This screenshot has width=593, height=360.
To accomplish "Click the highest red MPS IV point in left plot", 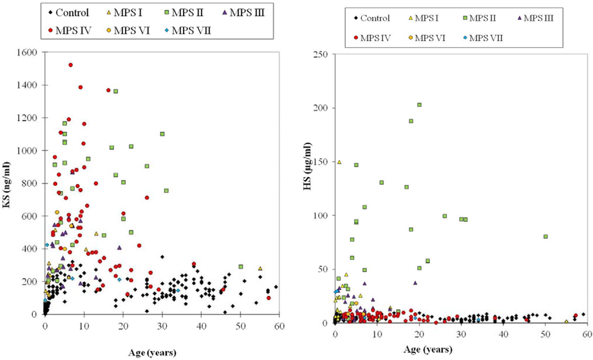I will (71, 65).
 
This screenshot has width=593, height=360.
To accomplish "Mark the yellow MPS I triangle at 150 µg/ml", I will (339, 162).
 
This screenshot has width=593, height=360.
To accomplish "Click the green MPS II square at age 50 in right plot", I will (546, 236).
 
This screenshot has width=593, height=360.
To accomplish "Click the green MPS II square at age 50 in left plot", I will (240, 267).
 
